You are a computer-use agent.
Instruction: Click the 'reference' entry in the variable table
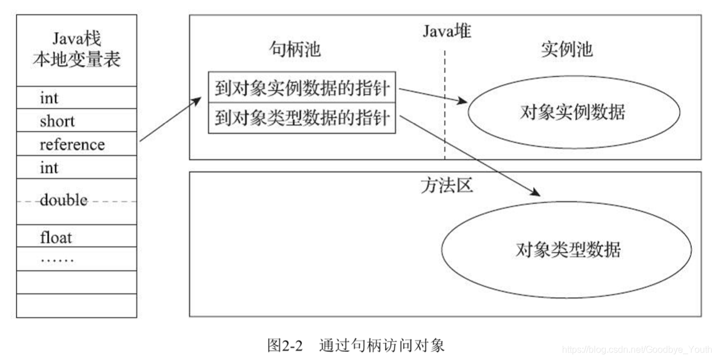tap(72, 144)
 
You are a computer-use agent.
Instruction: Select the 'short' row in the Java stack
tap(58, 121)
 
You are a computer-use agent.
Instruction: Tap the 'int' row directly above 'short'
tap(50, 98)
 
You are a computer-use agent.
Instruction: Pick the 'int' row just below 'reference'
tap(50, 168)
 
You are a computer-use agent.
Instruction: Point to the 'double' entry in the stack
tap(63, 200)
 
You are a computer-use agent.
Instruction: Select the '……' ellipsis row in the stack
tap(57, 259)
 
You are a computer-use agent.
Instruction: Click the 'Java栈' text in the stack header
tap(76, 40)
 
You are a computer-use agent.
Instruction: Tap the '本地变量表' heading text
tap(76, 59)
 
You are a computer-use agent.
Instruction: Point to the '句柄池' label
tap(295, 50)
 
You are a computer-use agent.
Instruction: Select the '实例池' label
tap(567, 50)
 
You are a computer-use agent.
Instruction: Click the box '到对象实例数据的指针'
tap(302, 89)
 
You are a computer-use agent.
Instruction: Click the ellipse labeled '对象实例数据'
tap(572, 112)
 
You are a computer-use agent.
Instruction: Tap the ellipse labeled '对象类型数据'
tap(568, 250)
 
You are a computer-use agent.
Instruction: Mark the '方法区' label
tap(446, 185)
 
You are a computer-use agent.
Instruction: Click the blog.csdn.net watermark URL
tap(637, 350)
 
